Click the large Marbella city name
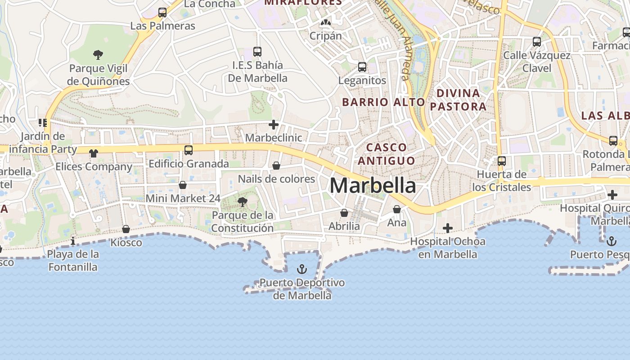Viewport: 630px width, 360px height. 373,185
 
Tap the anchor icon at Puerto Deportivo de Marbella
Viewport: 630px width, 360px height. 302,269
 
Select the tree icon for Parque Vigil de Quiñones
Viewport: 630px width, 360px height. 98,55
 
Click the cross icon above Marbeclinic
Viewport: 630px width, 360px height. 273,124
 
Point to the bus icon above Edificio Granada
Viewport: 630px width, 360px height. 189,150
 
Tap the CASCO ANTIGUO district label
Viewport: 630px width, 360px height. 387,154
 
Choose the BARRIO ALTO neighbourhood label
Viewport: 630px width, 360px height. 383,102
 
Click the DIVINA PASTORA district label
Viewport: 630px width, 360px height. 461,100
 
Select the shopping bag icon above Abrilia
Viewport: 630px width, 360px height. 344,212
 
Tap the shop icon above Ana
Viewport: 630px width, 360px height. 396,209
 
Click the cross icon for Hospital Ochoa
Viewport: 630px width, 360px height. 447,228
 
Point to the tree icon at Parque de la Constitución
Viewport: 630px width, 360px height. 243,202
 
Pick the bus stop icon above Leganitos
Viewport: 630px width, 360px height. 362,67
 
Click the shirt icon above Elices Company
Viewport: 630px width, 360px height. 94,153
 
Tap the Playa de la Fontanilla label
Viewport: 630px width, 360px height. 73,261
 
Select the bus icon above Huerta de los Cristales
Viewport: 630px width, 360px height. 502,161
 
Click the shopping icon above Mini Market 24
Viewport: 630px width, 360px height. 183,184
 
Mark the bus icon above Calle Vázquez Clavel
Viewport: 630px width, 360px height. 536,42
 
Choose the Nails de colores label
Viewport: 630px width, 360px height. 276,179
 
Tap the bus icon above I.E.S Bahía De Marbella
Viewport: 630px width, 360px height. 257,51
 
